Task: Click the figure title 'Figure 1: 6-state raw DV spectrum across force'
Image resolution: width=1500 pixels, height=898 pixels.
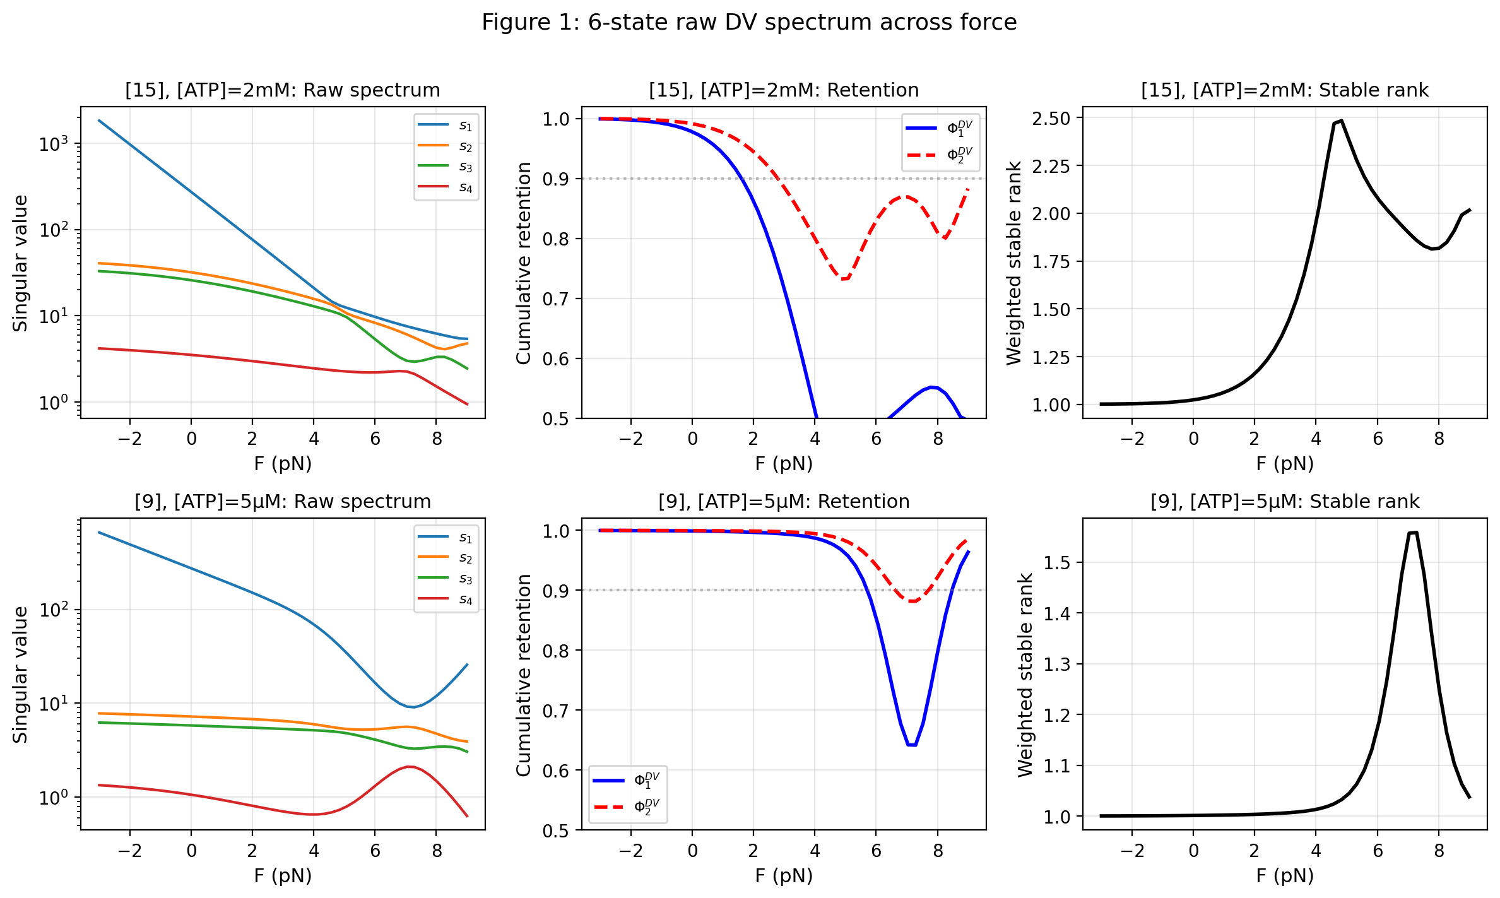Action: (749, 23)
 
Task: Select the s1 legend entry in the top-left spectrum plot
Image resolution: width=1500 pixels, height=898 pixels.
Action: (446, 126)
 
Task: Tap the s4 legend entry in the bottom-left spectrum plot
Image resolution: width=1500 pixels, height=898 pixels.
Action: (446, 599)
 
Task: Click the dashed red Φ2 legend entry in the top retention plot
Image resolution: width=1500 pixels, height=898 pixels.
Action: (940, 155)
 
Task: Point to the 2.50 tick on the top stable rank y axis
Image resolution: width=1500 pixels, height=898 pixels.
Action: (1051, 118)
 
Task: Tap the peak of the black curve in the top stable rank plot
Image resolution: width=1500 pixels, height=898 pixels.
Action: (1341, 121)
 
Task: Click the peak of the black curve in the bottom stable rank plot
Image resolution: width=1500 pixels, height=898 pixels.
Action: (1413, 533)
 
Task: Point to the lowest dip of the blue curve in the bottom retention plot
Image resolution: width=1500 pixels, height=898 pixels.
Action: (912, 745)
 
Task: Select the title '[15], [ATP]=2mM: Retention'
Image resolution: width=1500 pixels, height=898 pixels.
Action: (784, 90)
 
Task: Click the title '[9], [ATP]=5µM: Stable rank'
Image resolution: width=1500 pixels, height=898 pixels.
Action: (1285, 502)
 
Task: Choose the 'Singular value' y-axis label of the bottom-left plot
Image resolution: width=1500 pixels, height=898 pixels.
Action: (21, 675)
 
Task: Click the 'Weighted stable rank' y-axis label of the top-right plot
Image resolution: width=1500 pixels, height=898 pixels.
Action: (1014, 263)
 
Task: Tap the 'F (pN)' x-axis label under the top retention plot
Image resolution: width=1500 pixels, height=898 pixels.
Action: (784, 464)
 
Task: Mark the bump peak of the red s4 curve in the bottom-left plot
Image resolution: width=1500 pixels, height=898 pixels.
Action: (410, 767)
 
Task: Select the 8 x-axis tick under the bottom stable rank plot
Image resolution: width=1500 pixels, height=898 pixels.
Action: (1439, 851)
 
